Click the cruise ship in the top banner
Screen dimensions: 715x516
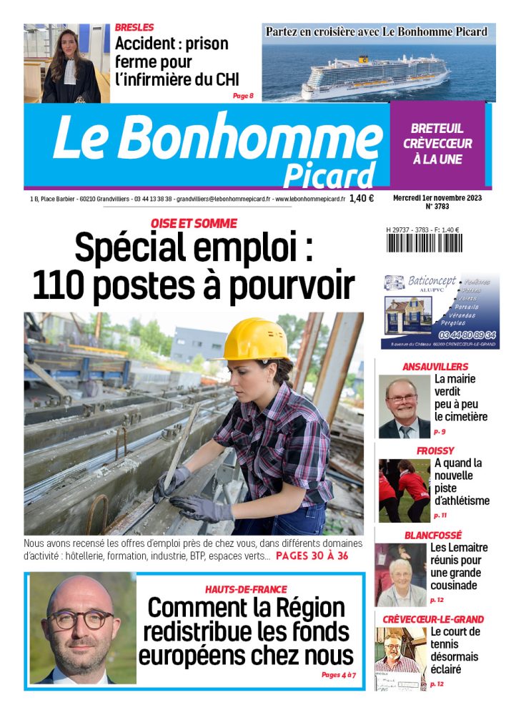click(376, 74)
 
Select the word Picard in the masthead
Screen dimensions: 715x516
click(328, 175)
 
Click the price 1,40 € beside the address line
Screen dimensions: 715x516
click(362, 199)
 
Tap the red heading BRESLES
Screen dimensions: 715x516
click(134, 27)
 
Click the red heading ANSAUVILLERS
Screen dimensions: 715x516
click(435, 367)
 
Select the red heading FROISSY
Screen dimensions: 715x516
click(435, 450)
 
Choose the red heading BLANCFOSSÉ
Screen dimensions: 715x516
click(433, 535)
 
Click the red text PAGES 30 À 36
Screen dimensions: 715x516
click(312, 556)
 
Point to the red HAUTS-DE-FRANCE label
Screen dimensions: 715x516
click(245, 589)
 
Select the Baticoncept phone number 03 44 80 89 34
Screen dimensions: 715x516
click(468, 335)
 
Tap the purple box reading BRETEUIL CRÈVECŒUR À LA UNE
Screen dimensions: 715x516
click(437, 144)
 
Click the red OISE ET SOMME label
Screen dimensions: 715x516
click(193, 224)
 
